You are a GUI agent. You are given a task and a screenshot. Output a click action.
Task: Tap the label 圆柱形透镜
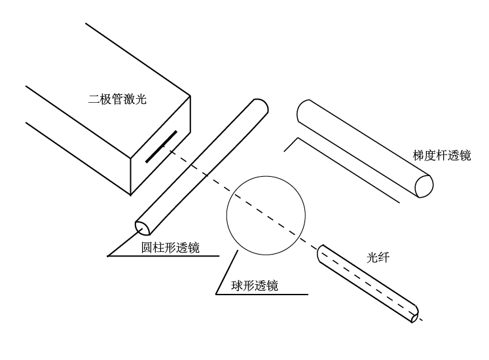click(171, 248)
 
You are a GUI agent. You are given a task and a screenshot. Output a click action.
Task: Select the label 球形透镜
click(255, 285)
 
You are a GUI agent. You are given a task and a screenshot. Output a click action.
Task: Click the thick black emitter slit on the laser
click(161, 146)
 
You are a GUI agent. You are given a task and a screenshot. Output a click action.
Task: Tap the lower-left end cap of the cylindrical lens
click(143, 226)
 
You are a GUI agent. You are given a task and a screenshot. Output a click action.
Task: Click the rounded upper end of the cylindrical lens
click(259, 106)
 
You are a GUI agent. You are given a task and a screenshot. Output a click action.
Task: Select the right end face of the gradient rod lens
click(424, 185)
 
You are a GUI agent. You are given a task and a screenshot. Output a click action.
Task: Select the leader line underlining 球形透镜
click(262, 294)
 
